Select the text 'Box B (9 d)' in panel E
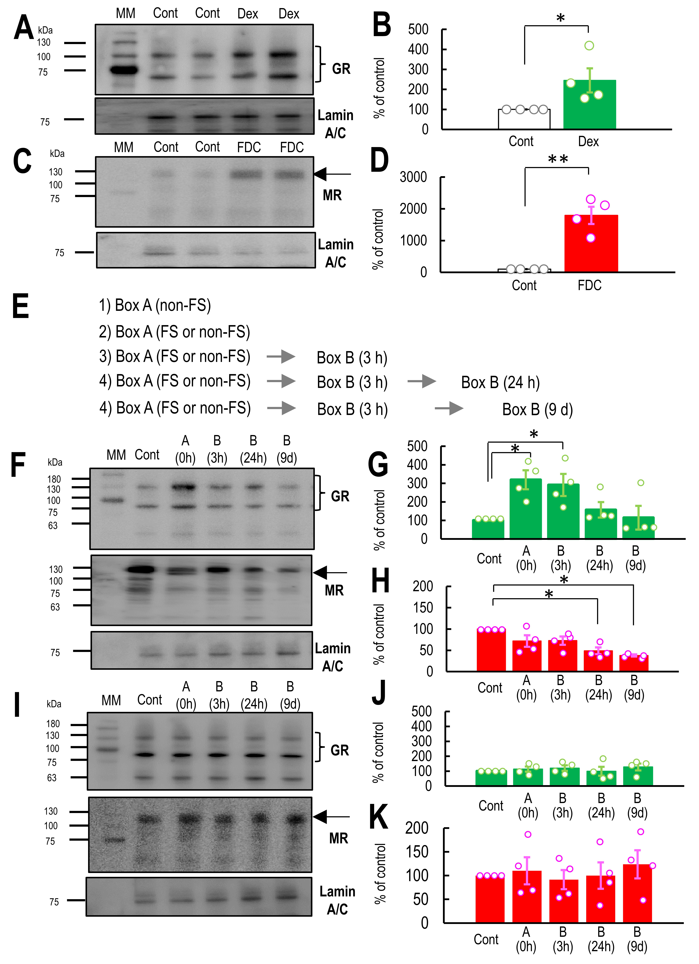click(537, 409)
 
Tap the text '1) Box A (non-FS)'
click(155, 305)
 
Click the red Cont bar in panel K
click(490, 899)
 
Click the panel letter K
click(378, 817)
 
